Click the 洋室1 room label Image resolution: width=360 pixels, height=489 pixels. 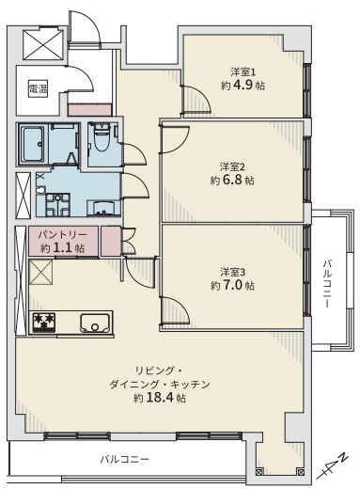(243, 71)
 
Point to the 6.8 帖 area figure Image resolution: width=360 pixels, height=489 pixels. (233, 179)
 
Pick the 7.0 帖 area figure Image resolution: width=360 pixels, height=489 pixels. (233, 285)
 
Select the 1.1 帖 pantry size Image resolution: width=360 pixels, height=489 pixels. (62, 248)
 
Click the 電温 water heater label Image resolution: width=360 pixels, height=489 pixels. (38, 90)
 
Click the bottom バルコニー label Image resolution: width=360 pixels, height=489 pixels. (126, 460)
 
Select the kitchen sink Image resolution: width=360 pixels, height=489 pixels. (95, 324)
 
